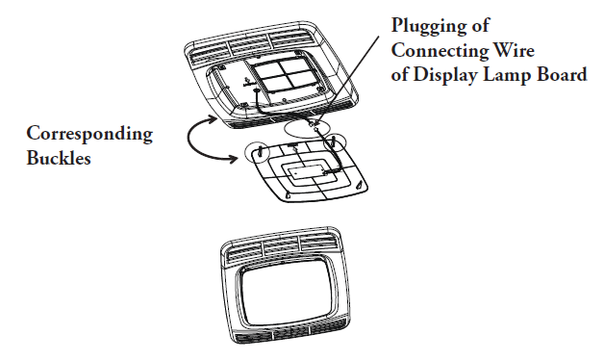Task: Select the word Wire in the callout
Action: tap(514, 50)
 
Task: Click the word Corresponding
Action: tap(89, 135)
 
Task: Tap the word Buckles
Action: tap(59, 157)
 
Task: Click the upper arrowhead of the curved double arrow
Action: tap(213, 119)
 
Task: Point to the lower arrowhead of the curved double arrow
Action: tap(234, 158)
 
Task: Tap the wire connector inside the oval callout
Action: tap(313, 124)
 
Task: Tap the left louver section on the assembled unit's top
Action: tap(243, 251)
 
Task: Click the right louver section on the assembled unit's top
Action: tap(318, 242)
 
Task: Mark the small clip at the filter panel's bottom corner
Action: tap(289, 195)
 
